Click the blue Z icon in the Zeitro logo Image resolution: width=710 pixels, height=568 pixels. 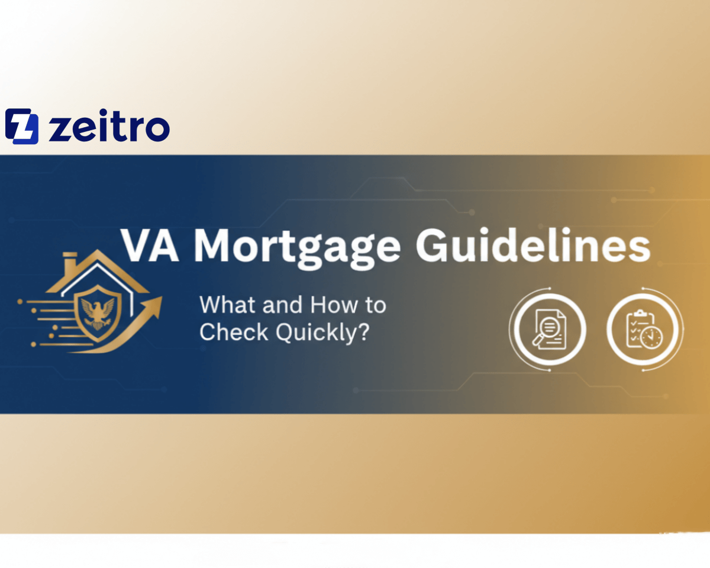(22, 127)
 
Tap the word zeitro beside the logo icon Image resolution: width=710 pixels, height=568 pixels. (109, 127)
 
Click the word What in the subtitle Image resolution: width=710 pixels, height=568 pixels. (222, 305)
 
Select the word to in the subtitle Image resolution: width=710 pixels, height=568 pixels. (373, 305)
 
